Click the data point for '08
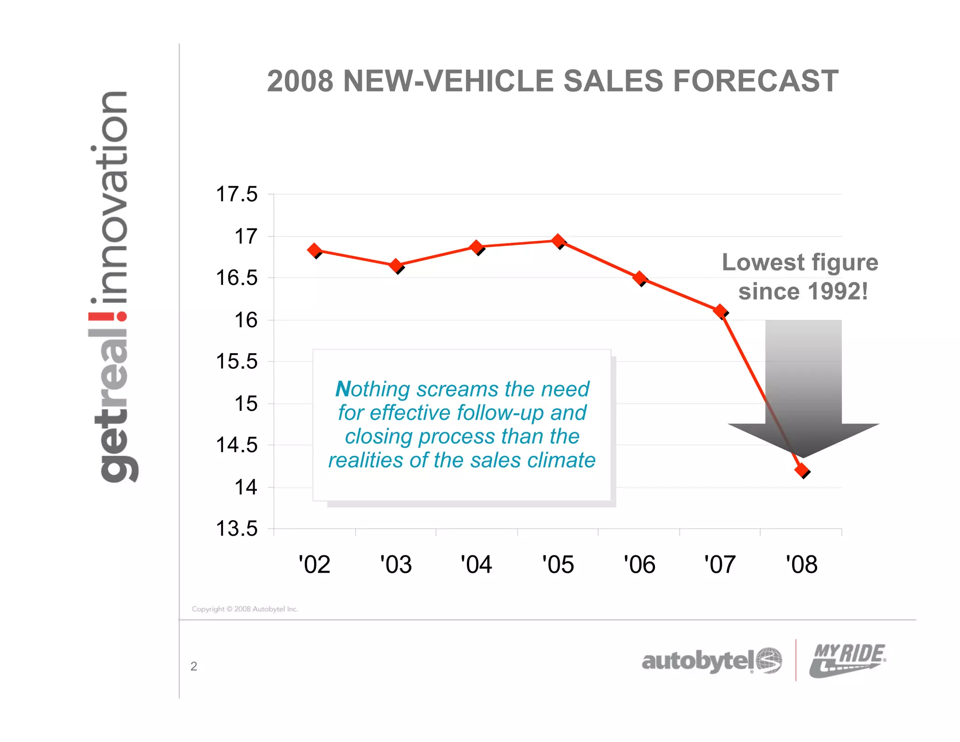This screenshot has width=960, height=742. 802,469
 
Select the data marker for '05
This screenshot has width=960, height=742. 558,241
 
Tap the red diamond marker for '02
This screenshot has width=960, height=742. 315,250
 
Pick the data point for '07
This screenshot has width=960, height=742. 720,311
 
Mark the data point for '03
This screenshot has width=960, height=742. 396,265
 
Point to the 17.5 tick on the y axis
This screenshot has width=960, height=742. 236,194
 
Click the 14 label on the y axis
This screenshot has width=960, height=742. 246,487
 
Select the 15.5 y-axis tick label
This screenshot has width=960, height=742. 236,362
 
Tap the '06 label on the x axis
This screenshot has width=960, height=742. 639,564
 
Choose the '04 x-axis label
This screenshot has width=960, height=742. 476,564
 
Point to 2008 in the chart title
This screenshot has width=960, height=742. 300,81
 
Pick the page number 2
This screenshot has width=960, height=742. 194,666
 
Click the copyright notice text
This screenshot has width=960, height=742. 245,609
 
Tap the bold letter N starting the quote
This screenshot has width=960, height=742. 343,389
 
